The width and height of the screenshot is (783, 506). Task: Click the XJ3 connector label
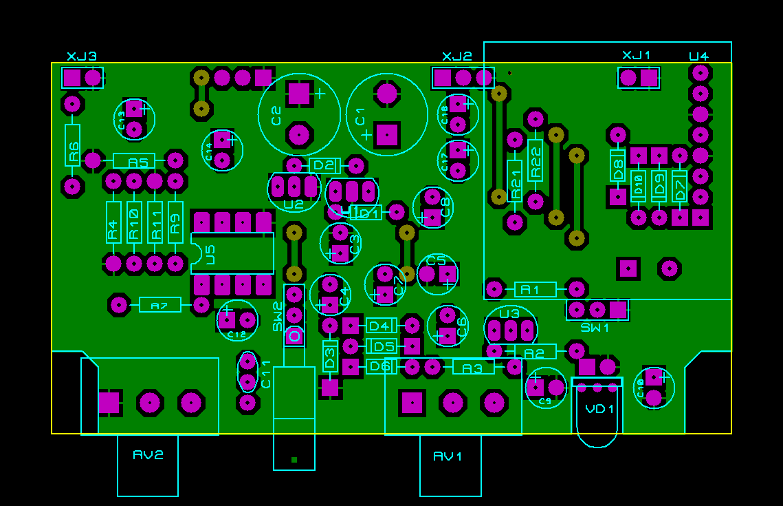[x=81, y=56]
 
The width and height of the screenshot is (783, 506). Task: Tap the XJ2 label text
[x=456, y=56]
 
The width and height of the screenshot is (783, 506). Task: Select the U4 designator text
[x=698, y=56]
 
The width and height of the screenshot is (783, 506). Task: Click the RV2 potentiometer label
[x=148, y=454]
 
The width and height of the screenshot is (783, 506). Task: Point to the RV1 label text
[x=448, y=456]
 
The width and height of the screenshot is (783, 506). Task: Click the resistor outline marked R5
[x=134, y=161]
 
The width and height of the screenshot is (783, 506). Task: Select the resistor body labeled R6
[x=73, y=145]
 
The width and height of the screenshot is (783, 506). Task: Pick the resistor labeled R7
[x=159, y=304]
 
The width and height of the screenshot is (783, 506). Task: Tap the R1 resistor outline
[x=535, y=289]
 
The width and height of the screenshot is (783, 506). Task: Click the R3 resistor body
[x=473, y=367]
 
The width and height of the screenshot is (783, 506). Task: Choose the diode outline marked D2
[x=324, y=165]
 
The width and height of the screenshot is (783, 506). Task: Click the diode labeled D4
[x=381, y=325]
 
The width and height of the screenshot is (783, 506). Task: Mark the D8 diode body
[x=617, y=165]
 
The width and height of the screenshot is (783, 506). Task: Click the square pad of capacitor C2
[x=300, y=92]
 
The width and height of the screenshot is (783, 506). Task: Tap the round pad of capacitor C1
[x=388, y=92]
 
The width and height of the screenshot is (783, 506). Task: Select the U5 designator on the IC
[x=210, y=254]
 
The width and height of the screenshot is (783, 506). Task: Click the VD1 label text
[x=599, y=408]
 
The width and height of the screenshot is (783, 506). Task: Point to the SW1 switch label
[x=595, y=328]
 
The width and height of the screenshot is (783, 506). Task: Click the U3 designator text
[x=509, y=314]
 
